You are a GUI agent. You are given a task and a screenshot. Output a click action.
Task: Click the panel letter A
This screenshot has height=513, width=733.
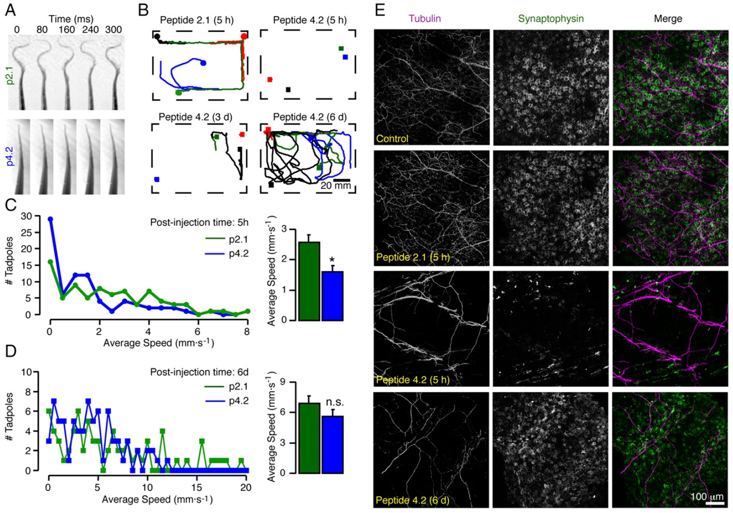pyautogui.click(x=10, y=10)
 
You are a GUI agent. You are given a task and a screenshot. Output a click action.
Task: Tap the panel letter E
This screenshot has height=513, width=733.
pyautogui.click(x=379, y=10)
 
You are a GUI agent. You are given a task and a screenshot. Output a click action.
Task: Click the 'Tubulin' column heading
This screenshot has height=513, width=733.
pyautogui.click(x=425, y=18)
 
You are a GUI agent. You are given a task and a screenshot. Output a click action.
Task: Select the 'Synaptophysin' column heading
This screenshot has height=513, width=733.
pyautogui.click(x=551, y=18)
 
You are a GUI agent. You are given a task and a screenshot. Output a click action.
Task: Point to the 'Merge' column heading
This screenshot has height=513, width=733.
pyautogui.click(x=668, y=18)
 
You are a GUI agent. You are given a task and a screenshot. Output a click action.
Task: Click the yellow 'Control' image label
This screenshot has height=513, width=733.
pyautogui.click(x=392, y=139)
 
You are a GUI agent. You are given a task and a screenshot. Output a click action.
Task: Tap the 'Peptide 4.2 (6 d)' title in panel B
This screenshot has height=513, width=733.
pyautogui.click(x=310, y=117)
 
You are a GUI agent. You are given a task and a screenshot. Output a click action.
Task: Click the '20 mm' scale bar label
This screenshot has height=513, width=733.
pyautogui.click(x=336, y=186)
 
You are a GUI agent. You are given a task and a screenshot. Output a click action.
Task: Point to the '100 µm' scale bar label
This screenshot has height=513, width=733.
pyautogui.click(x=707, y=496)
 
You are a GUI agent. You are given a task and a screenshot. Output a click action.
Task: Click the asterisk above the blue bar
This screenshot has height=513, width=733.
pyautogui.click(x=332, y=260)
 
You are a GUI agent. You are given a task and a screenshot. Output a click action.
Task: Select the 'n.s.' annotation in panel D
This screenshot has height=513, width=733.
pyautogui.click(x=335, y=402)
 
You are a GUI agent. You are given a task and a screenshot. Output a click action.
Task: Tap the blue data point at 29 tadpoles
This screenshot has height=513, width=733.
pyautogui.click(x=50, y=219)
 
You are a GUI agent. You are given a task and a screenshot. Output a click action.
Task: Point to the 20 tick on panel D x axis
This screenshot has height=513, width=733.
pyautogui.click(x=246, y=488)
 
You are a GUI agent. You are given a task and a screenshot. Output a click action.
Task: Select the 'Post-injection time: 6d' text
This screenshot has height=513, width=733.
pyautogui.click(x=199, y=372)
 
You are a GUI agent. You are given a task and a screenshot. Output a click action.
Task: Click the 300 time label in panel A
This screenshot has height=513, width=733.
pyautogui.click(x=113, y=29)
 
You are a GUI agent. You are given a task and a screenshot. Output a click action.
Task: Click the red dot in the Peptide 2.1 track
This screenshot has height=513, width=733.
pyautogui.click(x=244, y=36)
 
